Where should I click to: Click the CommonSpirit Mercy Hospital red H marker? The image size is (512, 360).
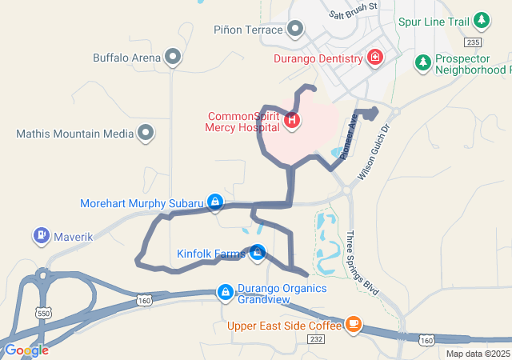coord(293,121)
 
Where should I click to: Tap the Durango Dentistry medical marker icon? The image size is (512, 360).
coord(374,57)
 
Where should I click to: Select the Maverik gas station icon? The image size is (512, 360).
coord(41,236)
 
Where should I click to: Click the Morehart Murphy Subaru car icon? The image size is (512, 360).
coord(214,202)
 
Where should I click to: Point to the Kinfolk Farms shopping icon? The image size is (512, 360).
coord(258,254)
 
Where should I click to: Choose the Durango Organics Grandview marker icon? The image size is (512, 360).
coord(226,292)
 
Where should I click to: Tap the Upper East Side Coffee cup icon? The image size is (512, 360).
coord(353,325)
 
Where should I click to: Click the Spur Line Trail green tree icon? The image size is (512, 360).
coord(481,18)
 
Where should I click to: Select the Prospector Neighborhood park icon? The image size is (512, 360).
coord(422,62)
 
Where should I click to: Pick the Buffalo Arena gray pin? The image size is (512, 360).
coord(172,57)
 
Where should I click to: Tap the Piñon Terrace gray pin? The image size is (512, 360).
coord(295,30)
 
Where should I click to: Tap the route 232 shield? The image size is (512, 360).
coord(317,340)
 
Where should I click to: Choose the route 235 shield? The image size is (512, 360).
coord(474,42)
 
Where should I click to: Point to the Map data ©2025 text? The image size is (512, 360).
coord(478,354)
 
